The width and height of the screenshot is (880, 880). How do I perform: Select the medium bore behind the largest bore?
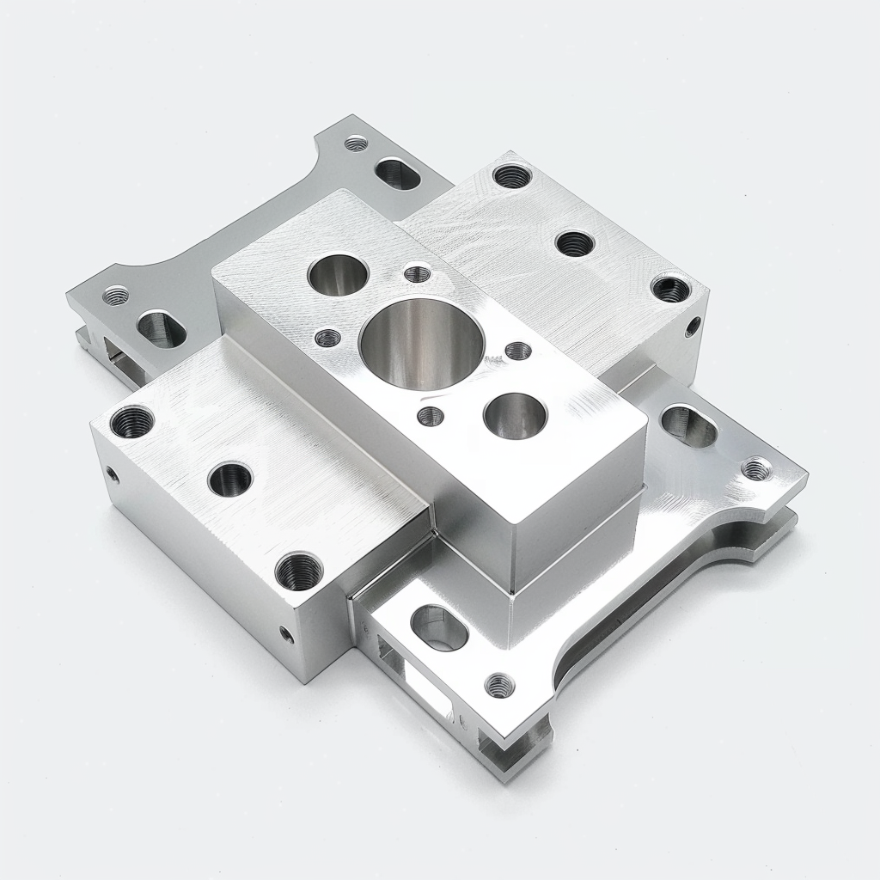coord(338,274)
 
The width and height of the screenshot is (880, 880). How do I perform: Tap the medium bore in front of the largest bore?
coord(515,416)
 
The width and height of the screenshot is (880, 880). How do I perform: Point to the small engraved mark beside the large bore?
coord(494,360)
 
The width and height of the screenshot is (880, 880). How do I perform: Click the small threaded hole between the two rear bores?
coord(418,274)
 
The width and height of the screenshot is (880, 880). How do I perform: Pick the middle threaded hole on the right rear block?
coord(574,243)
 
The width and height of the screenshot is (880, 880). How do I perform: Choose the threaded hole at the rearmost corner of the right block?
coord(512,176)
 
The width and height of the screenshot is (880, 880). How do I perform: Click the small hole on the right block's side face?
coord(693,327)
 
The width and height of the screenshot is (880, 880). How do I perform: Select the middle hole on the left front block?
coord(229,478)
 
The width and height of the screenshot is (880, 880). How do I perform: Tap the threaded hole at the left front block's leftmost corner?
coord(132,421)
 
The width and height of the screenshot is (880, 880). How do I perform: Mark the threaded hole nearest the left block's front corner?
coord(299,571)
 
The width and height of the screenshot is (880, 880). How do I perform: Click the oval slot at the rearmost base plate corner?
coord(398,174)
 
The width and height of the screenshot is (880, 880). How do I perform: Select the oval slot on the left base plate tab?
coord(162,329)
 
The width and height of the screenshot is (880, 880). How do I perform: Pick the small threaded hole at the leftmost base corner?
coord(115,296)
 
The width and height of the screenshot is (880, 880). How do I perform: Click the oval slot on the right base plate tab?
coord(689,426)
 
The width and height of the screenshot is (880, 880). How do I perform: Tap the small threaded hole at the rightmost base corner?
coord(756,468)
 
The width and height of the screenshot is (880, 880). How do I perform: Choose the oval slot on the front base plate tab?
coord(439,627)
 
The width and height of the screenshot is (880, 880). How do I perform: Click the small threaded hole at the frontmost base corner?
coord(499,685)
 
